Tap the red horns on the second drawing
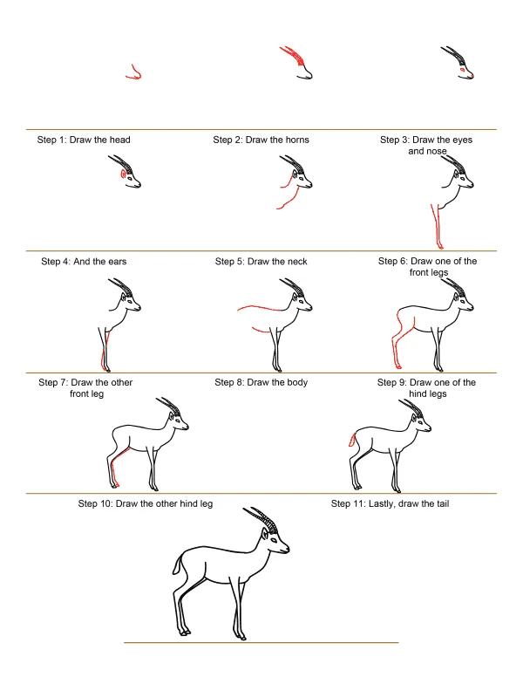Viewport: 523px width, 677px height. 293,55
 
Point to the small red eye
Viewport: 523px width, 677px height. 462,69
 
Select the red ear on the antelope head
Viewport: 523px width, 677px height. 124,174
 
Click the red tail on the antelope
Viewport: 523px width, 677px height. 352,440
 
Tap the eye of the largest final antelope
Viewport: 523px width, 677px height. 274,539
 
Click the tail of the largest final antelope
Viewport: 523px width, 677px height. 176,564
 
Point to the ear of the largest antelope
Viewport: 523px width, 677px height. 264,535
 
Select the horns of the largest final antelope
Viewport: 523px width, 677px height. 261,518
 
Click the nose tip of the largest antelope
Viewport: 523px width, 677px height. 289,549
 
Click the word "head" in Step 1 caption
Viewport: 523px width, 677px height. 119,140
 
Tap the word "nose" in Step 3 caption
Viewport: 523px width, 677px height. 437,151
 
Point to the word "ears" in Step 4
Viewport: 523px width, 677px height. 116,261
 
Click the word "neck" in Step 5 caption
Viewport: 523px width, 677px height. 296,261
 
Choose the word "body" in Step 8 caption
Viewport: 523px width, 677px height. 296,382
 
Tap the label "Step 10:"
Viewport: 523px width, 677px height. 96,504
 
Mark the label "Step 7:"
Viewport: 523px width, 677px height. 53,382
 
